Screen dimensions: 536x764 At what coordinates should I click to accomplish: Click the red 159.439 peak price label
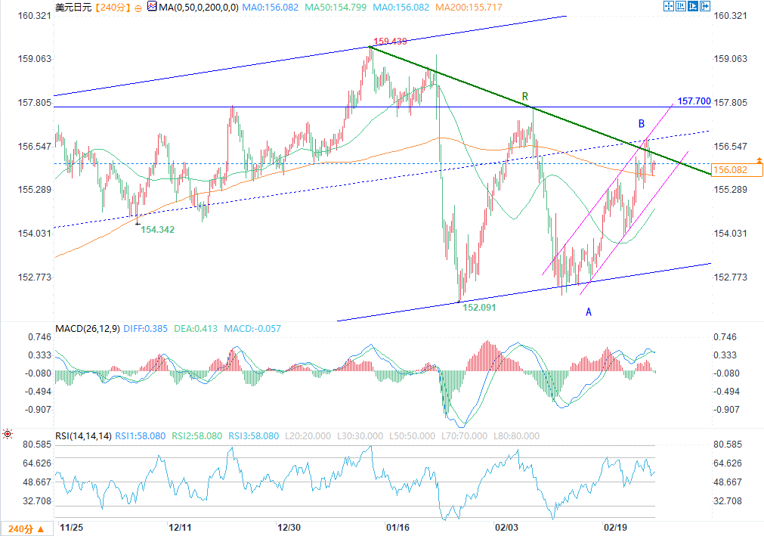[x=391, y=41]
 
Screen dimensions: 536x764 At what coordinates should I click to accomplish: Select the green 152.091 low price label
[x=479, y=308]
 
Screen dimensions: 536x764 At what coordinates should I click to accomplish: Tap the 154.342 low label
[x=158, y=229]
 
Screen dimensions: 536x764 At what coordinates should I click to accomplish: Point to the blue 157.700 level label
[x=693, y=101]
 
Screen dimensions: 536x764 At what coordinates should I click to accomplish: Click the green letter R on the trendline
[x=525, y=97]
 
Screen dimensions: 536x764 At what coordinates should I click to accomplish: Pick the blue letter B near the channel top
[x=641, y=123]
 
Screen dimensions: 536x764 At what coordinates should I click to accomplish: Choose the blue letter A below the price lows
[x=589, y=311]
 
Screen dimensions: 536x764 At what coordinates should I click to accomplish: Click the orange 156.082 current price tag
[x=729, y=170]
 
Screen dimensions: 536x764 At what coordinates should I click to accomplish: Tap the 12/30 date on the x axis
[x=290, y=526]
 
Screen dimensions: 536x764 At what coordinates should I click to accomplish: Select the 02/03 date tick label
[x=506, y=526]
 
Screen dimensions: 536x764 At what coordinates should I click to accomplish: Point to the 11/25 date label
[x=71, y=526]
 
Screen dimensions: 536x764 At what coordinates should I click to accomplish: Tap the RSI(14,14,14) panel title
[x=83, y=436]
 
